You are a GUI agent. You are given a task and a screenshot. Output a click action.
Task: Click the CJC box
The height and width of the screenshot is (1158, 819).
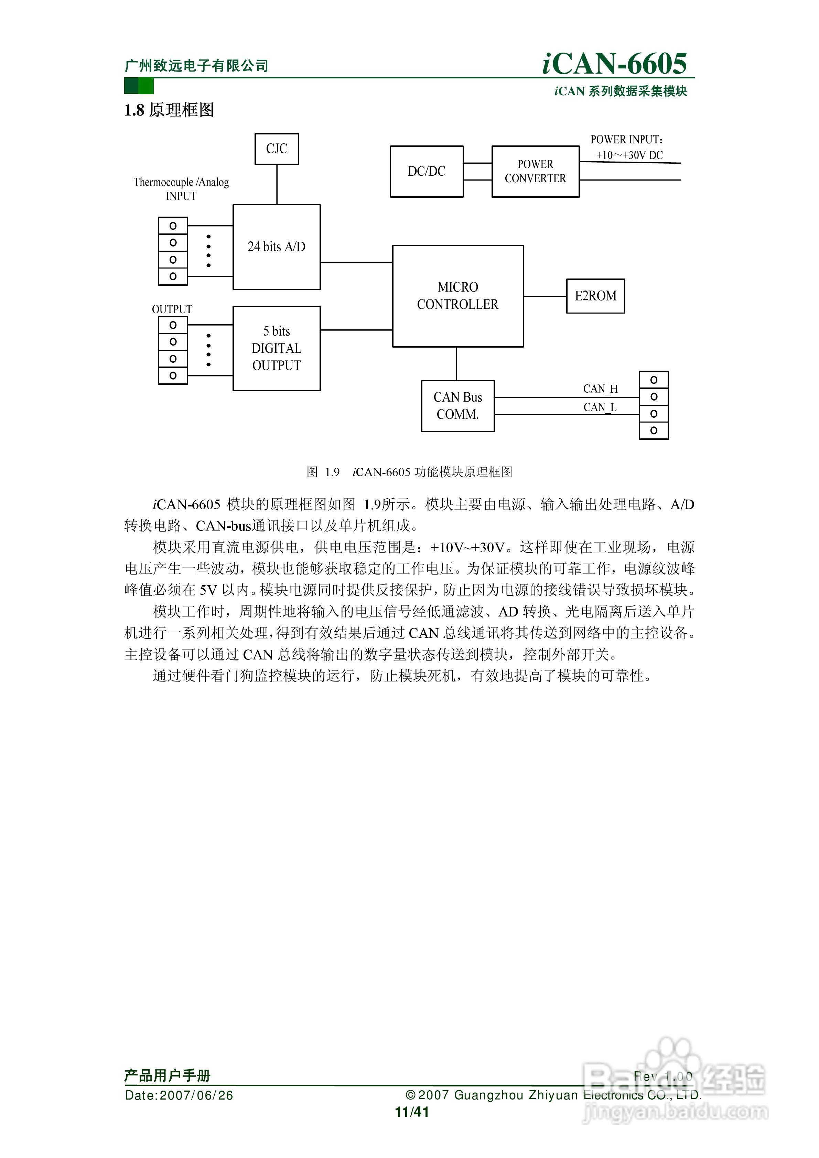pyautogui.click(x=277, y=149)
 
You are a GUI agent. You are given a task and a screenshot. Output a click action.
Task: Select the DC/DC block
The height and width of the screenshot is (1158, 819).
pyautogui.click(x=427, y=172)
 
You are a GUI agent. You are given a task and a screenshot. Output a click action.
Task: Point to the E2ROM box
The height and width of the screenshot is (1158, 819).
pyautogui.click(x=595, y=296)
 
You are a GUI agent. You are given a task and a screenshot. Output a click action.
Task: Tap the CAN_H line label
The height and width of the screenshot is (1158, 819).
pyautogui.click(x=600, y=389)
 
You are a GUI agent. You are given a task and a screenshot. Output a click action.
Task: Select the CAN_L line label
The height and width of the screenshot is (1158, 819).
pyautogui.click(x=600, y=407)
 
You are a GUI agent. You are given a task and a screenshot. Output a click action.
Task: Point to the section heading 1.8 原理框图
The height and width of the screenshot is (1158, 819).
pyautogui.click(x=169, y=110)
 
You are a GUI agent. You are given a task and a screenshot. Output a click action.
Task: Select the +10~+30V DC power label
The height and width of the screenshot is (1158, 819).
pyautogui.click(x=629, y=155)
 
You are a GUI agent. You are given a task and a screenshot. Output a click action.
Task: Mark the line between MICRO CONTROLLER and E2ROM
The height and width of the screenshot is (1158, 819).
pyautogui.click(x=545, y=296)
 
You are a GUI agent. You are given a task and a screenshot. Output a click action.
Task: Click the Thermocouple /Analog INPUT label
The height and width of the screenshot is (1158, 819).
pyautogui.click(x=181, y=189)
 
